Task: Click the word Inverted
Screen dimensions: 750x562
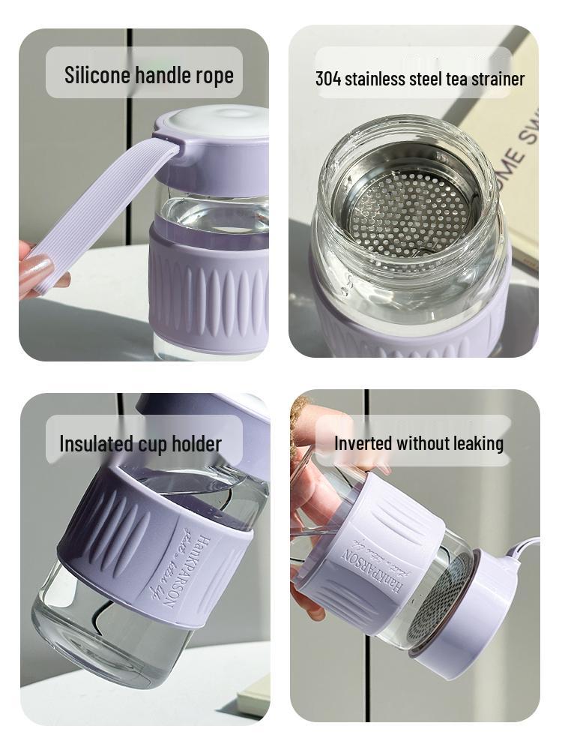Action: [363, 443]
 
